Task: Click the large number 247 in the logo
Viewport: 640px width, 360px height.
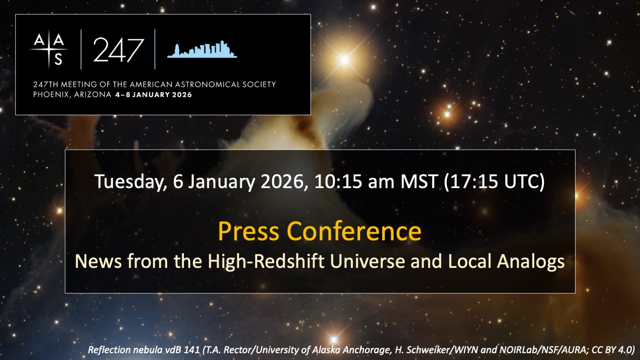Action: pos(118,50)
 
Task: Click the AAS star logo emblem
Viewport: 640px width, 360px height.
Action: pos(49,49)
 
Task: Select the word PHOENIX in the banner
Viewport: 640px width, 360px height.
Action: pos(51,95)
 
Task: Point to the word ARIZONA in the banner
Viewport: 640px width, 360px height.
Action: pos(93,95)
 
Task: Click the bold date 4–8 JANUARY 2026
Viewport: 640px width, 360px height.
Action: pos(154,95)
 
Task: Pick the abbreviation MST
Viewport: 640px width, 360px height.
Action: pos(419,181)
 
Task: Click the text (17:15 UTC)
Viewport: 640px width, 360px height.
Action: pos(494,182)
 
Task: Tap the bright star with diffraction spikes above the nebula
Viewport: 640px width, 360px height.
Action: pos(345,60)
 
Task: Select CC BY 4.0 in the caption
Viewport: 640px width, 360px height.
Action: pos(612,350)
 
